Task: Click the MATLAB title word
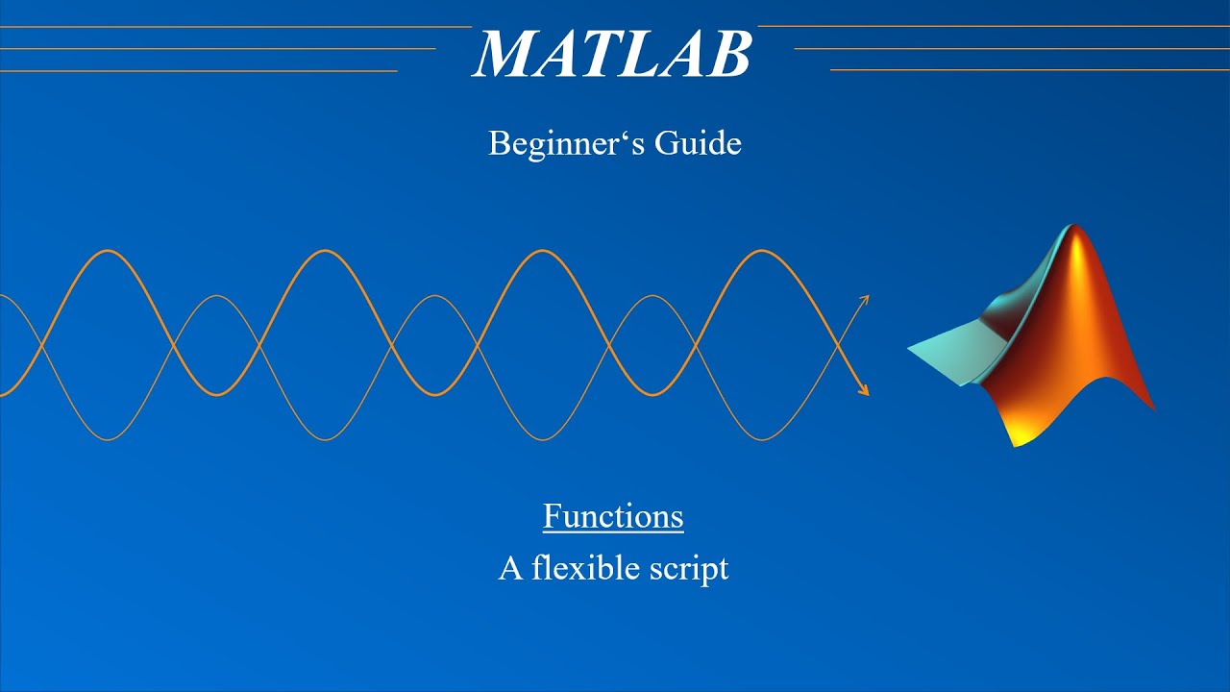612,54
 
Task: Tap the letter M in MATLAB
503,54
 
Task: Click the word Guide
698,144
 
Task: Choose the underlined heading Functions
613,516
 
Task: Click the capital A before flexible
510,568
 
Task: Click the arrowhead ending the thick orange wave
864,391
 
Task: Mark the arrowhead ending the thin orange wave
865,299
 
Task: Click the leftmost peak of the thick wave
108,251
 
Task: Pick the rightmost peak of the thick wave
761,251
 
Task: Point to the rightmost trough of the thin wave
761,440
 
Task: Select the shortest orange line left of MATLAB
198,70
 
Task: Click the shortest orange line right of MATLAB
1029,70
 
